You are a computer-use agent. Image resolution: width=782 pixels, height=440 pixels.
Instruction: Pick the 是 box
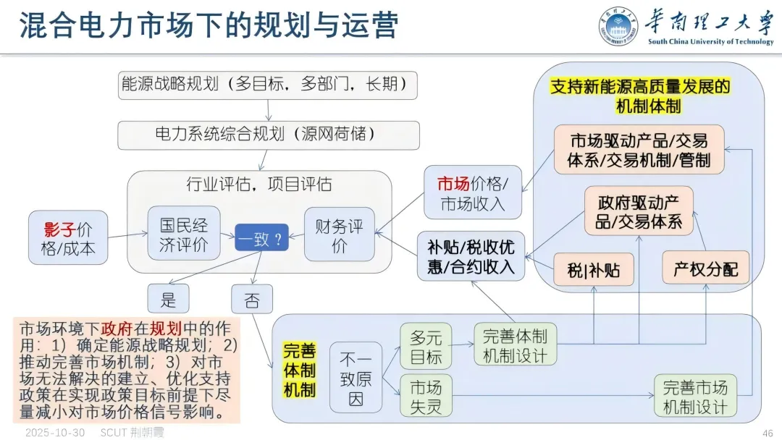[x=167, y=299]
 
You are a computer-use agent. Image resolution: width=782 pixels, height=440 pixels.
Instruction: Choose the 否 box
[x=251, y=300]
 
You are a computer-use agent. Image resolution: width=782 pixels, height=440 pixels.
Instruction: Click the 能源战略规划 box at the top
[x=268, y=85]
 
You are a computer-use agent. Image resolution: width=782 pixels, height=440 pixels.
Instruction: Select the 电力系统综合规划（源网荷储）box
[x=268, y=135]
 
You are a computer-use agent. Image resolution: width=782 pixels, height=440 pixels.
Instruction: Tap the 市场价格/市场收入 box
[x=473, y=192]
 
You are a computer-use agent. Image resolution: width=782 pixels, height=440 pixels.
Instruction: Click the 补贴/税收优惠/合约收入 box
[x=471, y=256]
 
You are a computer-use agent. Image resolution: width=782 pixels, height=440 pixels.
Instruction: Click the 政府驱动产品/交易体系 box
[x=639, y=210]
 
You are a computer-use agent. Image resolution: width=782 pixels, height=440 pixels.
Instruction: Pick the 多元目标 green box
[x=425, y=346]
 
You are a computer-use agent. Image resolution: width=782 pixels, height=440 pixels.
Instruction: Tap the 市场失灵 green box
[x=425, y=395]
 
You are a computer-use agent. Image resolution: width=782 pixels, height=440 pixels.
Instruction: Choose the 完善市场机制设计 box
[x=695, y=395]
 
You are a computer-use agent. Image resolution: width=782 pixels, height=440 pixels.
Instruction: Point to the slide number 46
[x=768, y=433]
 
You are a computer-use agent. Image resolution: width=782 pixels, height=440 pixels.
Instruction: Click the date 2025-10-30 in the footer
[x=55, y=433]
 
